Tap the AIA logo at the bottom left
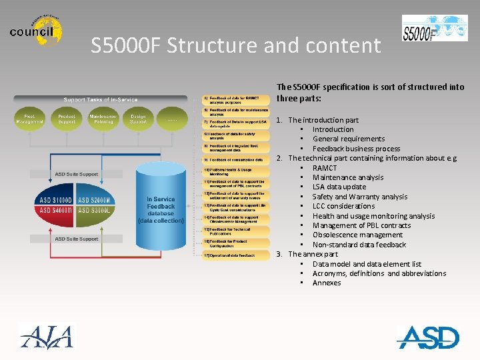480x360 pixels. [x=47, y=335]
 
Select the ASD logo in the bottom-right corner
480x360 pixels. [x=429, y=337]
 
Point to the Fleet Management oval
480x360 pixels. [x=30, y=119]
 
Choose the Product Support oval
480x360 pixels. [x=67, y=119]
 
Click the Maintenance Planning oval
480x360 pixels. [x=103, y=119]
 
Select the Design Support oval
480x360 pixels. [x=138, y=119]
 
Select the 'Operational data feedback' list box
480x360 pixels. [x=235, y=255]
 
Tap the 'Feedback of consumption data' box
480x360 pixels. [x=235, y=160]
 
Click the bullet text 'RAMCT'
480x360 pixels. [x=325, y=168]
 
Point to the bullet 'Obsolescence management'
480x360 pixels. [x=357, y=235]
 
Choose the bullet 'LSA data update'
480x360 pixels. [x=339, y=187]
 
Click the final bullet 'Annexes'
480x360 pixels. [x=326, y=283]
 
